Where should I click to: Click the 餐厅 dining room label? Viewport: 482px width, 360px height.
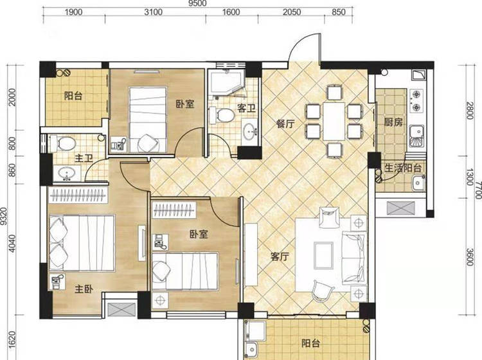tap(285, 124)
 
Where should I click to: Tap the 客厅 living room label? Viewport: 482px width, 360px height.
tap(280, 256)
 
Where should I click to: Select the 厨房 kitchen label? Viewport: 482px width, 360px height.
tap(393, 122)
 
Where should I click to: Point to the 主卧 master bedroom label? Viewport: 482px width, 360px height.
tap(84, 289)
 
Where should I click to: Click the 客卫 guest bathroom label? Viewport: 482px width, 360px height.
tap(246, 108)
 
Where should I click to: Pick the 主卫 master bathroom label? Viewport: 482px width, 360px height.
tap(84, 158)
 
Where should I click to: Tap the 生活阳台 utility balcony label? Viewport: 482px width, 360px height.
tap(403, 168)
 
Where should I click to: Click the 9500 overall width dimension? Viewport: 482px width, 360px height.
tap(198, 3)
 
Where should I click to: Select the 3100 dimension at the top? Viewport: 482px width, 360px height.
tap(153, 12)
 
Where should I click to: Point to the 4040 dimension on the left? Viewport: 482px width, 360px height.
tap(12, 244)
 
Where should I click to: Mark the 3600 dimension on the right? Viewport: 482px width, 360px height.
tap(469, 257)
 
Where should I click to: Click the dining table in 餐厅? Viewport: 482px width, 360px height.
tap(334, 121)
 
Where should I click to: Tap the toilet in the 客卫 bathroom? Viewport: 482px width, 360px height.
tap(221, 115)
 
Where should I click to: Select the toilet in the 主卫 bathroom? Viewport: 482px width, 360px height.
tap(63, 143)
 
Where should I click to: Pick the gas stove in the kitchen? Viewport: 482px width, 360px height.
tap(416, 100)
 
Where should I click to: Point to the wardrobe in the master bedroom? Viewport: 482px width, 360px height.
tap(78, 195)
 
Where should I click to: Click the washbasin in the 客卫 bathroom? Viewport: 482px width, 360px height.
tap(249, 132)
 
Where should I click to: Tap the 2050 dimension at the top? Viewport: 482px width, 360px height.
tap(291, 12)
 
